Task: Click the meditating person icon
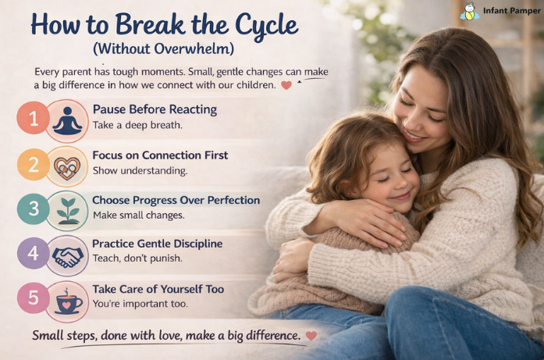pos(67,120)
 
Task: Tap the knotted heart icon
pos(67,165)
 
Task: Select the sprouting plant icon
pos(67,210)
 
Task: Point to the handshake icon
pos(67,255)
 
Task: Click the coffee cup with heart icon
pos(67,301)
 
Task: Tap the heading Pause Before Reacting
pos(155,109)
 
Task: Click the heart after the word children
pos(286,85)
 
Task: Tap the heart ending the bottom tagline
pos(311,336)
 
